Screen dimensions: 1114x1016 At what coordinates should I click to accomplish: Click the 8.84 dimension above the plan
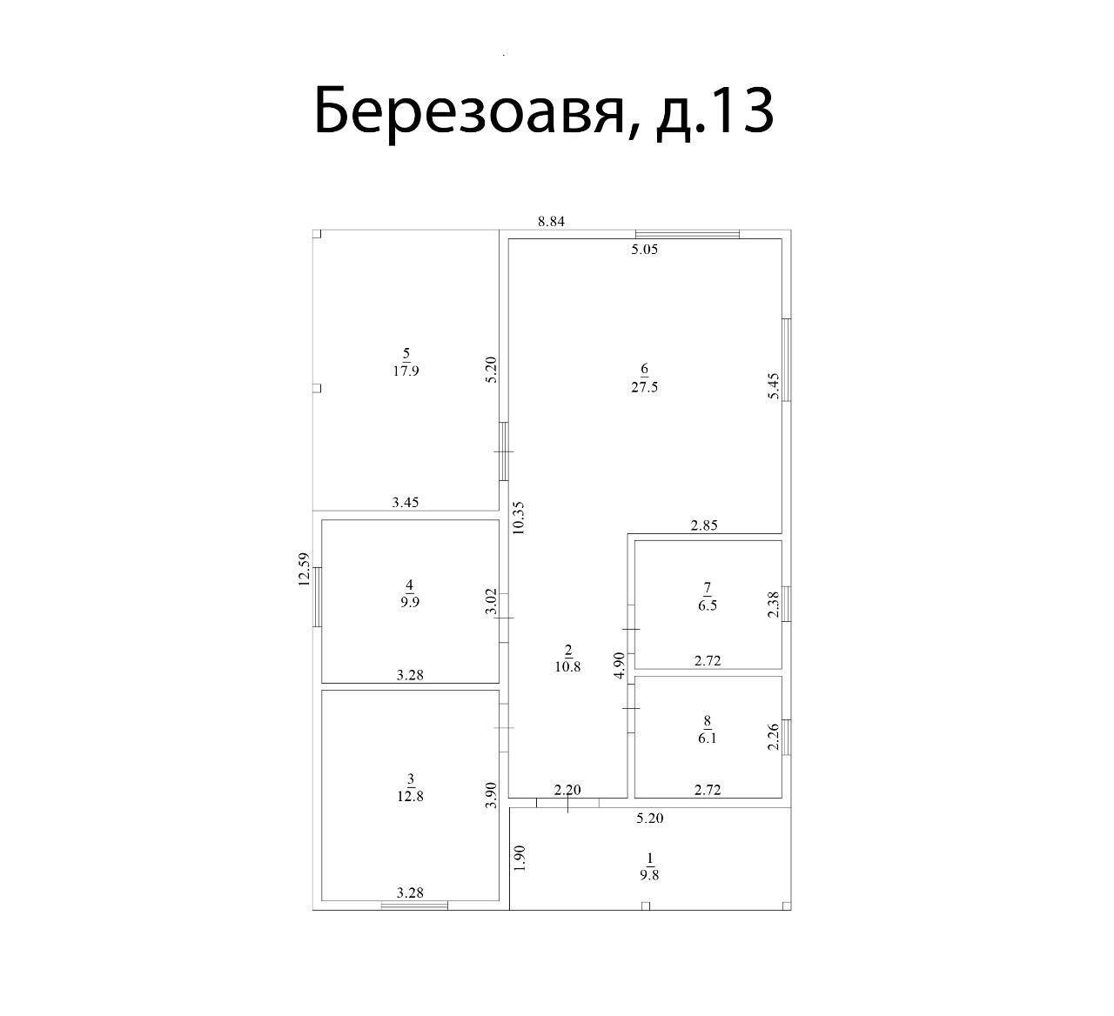click(551, 221)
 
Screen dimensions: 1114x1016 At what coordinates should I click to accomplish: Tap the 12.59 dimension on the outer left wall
click(303, 569)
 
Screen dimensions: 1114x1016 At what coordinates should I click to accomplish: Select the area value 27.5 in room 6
click(644, 387)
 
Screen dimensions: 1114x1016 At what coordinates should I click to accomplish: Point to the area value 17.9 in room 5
click(406, 371)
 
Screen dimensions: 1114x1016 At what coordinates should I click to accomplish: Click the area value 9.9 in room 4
click(410, 603)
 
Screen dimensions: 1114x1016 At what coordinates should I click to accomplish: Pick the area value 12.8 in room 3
click(411, 796)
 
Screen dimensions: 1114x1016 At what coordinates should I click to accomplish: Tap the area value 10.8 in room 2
click(567, 666)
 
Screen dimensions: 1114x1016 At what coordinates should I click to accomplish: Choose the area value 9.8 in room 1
click(649, 875)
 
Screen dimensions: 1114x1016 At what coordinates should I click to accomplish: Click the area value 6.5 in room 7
click(708, 605)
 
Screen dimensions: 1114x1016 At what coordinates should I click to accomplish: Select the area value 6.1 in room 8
click(707, 739)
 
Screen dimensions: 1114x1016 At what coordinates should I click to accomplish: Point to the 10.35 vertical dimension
click(519, 518)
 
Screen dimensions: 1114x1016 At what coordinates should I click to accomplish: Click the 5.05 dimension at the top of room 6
click(644, 250)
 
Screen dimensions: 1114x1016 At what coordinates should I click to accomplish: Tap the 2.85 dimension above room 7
click(704, 525)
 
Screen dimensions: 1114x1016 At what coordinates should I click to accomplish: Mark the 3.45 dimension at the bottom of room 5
click(406, 503)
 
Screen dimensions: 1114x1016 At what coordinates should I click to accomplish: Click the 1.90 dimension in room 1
click(520, 858)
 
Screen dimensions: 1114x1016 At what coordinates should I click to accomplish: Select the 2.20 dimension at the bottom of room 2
click(567, 790)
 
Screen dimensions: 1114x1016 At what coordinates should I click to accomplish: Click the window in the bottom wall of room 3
click(414, 906)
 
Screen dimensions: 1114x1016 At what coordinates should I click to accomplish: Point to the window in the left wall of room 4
click(317, 597)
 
